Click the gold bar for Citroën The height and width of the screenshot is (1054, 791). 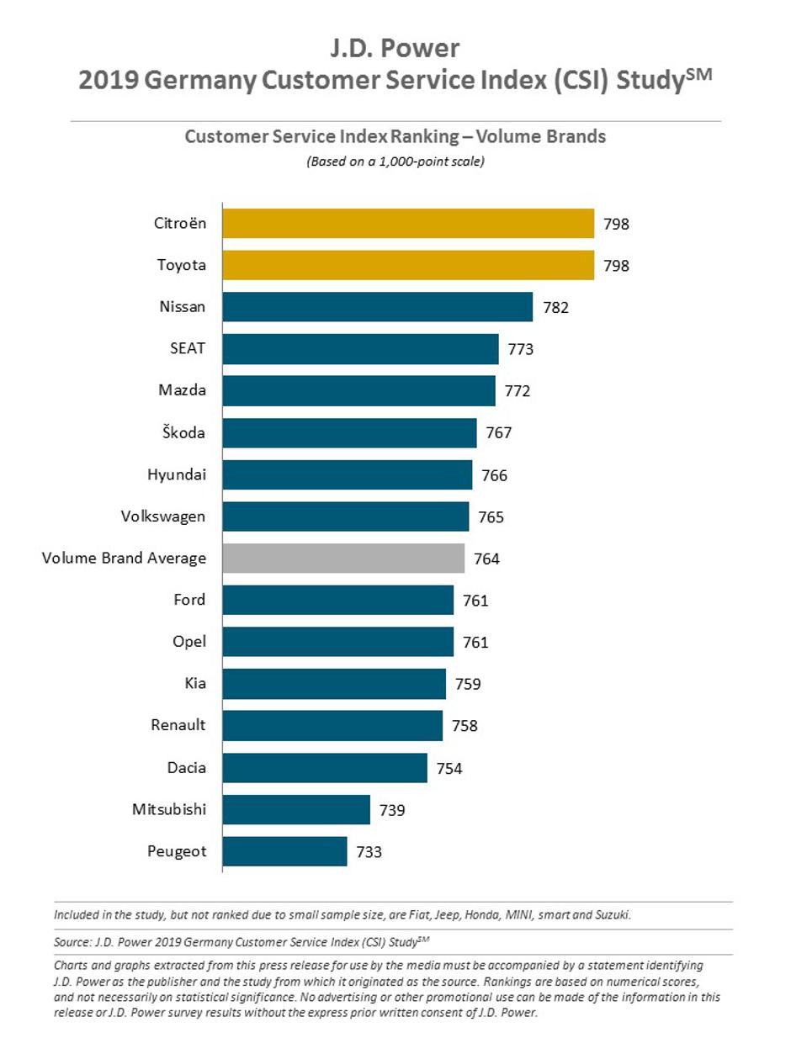tap(408, 224)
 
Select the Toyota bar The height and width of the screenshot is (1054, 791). tap(408, 266)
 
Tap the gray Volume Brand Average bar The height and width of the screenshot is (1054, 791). tap(343, 559)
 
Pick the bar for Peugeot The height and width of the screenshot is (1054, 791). tap(285, 851)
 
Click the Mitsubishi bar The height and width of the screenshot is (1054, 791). tap(296, 809)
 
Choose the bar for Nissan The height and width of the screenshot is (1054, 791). tap(378, 307)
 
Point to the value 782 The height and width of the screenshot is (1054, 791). tap(555, 308)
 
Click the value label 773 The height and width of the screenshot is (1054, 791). tap(521, 349)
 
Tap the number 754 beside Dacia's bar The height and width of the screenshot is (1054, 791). tap(449, 768)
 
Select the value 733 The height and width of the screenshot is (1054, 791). tap(369, 852)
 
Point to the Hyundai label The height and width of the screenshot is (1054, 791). tap(177, 474)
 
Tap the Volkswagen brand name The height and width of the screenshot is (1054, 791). tap(162, 516)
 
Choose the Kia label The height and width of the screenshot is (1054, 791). tap(194, 683)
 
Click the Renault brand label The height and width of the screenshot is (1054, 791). tap(178, 724)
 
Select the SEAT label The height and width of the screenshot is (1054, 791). tap(188, 348)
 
